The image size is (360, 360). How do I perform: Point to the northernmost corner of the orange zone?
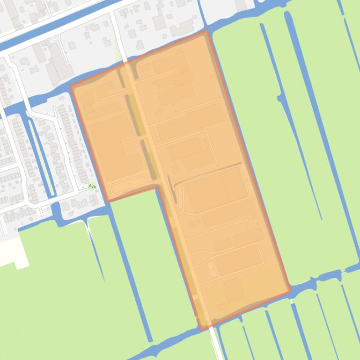coord(206,31)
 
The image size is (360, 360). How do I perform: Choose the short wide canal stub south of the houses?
coord(57,213)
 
